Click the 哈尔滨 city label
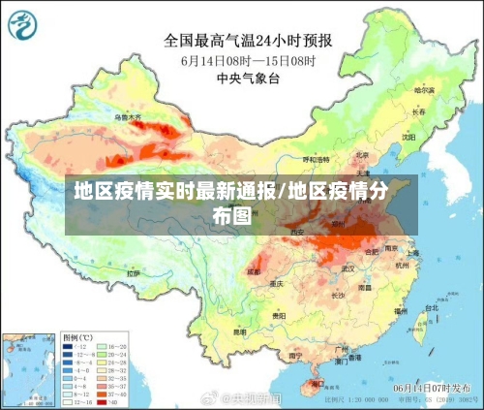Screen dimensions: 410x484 (422, 89)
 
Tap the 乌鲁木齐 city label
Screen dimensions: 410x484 (128, 117)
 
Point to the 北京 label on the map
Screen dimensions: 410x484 (361, 153)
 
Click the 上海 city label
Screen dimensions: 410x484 (413, 252)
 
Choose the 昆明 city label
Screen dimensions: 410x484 (239, 331)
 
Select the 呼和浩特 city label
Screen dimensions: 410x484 (317, 158)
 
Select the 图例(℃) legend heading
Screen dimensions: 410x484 (76, 336)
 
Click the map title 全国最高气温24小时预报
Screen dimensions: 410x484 (248, 41)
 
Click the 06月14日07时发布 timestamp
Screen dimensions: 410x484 (427, 387)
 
